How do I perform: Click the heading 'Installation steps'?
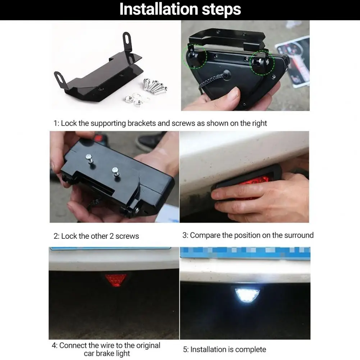(180, 9)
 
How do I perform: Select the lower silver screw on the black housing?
(116, 172)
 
